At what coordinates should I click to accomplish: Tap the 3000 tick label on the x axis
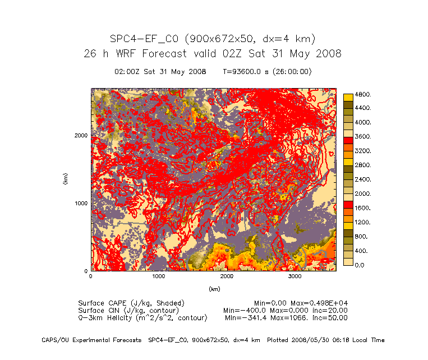click(295, 277)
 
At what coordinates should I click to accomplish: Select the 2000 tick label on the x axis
click(227, 277)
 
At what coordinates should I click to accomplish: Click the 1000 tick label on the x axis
click(159, 277)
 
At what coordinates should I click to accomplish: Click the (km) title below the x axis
click(214, 289)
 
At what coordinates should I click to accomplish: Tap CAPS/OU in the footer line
click(55, 340)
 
